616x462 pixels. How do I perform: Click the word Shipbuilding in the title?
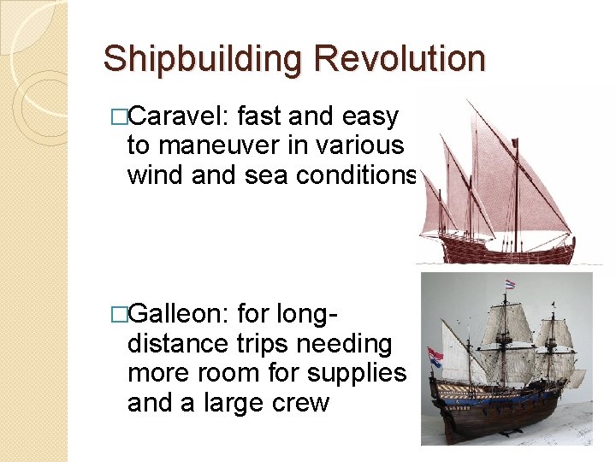tap(202, 59)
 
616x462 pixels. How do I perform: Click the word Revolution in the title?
tap(399, 59)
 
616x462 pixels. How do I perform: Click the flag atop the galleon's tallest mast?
tap(511, 284)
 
